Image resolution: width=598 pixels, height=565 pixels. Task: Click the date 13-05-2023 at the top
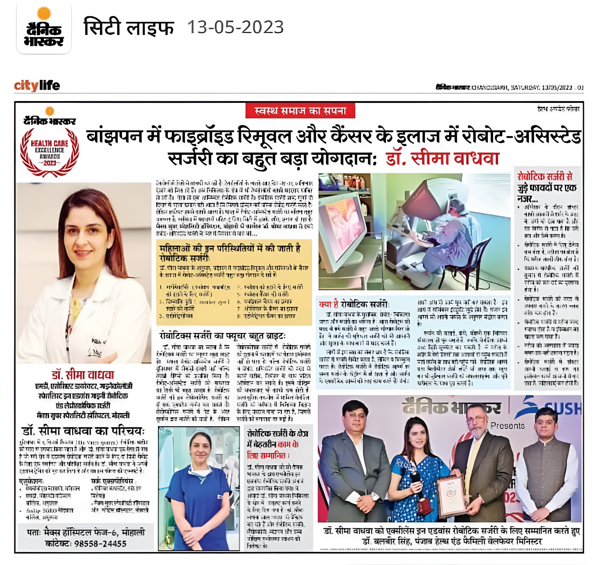click(235, 28)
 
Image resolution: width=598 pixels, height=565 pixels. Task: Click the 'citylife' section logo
click(37, 86)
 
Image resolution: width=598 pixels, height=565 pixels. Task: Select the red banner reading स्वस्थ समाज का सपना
click(300, 111)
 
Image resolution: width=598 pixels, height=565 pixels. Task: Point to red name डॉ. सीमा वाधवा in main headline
click(442, 159)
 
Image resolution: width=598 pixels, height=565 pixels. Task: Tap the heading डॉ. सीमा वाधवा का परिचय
click(84, 431)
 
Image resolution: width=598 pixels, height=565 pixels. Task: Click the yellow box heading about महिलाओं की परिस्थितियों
click(230, 253)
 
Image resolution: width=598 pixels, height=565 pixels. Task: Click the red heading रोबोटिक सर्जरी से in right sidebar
click(545, 176)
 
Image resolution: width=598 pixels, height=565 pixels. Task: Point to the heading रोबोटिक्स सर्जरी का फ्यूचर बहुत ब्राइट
click(222, 336)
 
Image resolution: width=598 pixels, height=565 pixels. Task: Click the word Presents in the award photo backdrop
click(507, 425)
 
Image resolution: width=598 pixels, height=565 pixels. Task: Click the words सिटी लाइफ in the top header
click(129, 28)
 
